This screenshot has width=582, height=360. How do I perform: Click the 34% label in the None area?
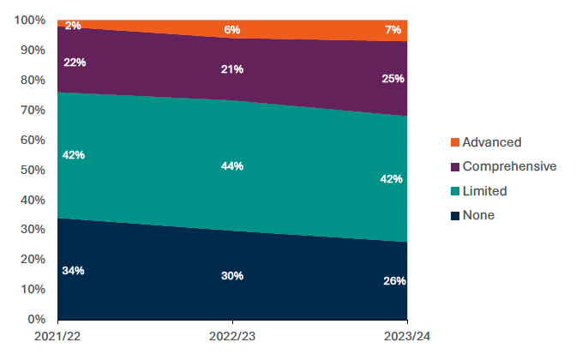click(73, 271)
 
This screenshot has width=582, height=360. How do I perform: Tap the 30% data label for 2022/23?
click(232, 276)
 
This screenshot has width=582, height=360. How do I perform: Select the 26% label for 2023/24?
click(394, 281)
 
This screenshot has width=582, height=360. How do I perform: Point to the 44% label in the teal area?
click(232, 165)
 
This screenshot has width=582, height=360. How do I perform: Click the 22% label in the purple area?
click(73, 63)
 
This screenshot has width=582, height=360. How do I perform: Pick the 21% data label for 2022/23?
click(232, 69)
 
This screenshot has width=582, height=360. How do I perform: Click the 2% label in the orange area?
click(73, 26)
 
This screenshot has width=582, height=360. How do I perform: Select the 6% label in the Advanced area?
click(232, 29)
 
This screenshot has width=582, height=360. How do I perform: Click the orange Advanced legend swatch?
click(454, 142)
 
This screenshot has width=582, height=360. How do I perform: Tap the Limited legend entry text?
click(484, 191)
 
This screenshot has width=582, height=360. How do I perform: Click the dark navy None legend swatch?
click(454, 216)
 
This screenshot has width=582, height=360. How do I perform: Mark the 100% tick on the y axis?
click(31, 20)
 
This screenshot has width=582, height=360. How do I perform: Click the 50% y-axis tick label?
click(33, 170)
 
